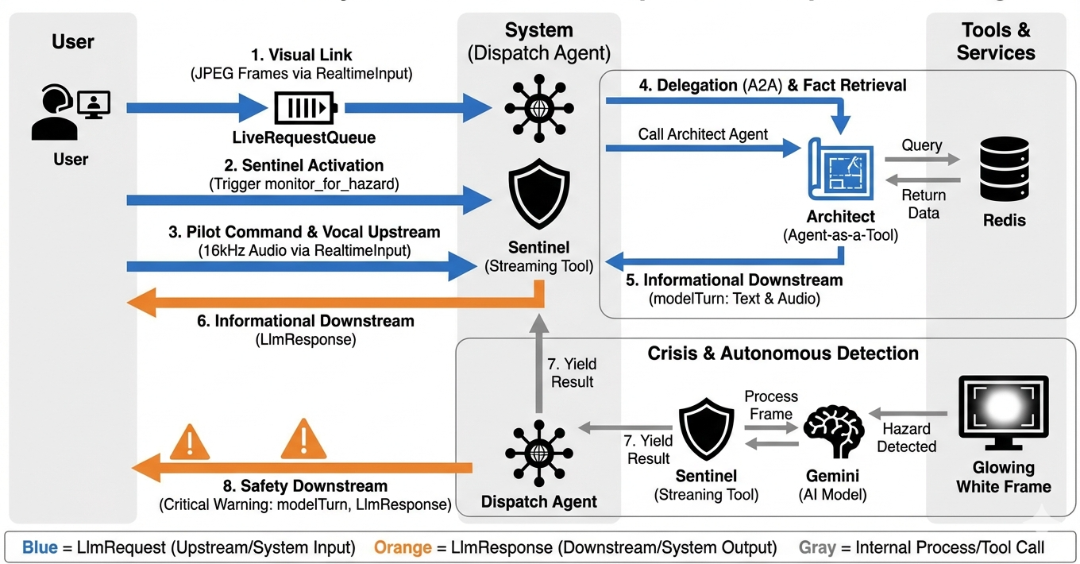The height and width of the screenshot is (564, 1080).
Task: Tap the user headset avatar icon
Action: pos(70,113)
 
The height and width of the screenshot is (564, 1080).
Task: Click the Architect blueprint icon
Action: pos(841,169)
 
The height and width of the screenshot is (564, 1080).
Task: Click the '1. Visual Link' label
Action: pos(301,55)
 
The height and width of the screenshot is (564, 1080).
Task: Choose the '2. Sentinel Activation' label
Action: pos(303,165)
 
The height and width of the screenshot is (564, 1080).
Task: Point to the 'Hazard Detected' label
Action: pos(906,438)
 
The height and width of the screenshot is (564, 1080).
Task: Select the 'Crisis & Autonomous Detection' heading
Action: pos(783,353)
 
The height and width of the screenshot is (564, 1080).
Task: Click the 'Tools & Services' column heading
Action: pos(996,41)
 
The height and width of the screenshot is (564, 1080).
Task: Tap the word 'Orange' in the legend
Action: pos(402,547)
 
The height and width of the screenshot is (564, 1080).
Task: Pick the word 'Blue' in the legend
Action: pos(40,547)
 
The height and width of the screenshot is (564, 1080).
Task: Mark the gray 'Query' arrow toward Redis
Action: pos(922,160)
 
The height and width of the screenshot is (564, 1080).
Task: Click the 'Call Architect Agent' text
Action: pos(703,134)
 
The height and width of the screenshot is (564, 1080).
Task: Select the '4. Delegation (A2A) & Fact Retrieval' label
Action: pos(772,85)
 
